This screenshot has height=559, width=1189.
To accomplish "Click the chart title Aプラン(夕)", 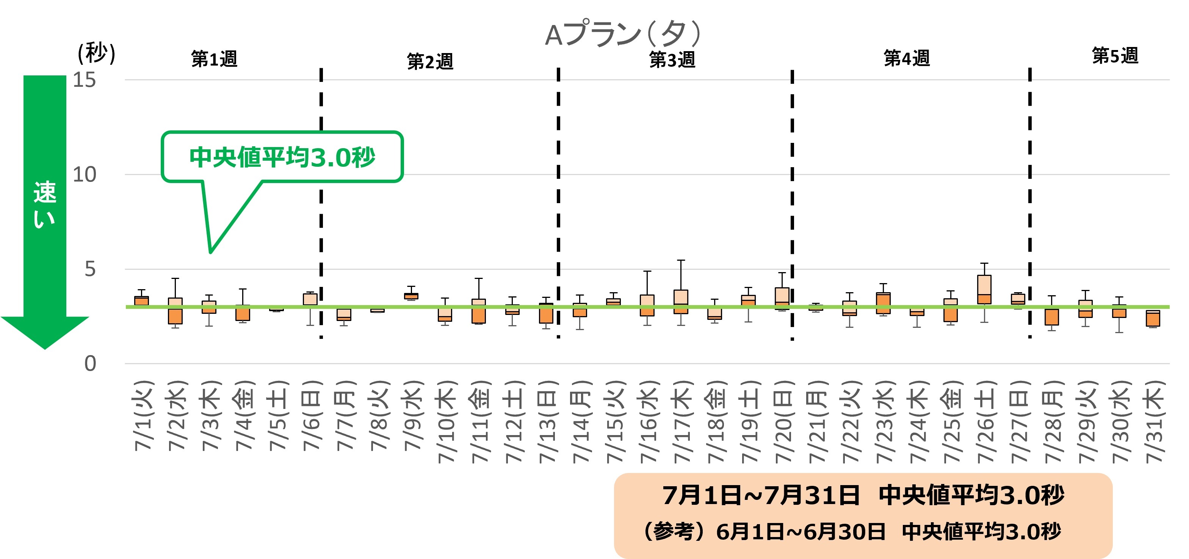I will (623, 34).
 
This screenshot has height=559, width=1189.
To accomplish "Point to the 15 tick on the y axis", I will (85, 80).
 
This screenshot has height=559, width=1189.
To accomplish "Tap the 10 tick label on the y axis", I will (85, 174).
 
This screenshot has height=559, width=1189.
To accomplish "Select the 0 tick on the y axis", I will (90, 364).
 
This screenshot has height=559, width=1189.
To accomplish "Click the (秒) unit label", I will (96, 53).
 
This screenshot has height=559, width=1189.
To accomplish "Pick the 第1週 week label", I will (214, 59).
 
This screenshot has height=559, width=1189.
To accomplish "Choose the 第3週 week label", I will (672, 60).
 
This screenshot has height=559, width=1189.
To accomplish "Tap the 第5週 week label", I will (1115, 56).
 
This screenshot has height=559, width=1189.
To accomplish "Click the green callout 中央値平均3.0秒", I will (282, 157).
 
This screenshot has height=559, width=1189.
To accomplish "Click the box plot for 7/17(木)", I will (681, 301).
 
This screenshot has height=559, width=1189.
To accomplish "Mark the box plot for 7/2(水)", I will (175, 311).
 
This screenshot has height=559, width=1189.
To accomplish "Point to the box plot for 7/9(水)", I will (411, 296).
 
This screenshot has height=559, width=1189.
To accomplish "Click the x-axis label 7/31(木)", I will (1153, 421).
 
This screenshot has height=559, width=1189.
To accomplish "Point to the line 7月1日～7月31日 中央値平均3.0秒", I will (863, 495).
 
